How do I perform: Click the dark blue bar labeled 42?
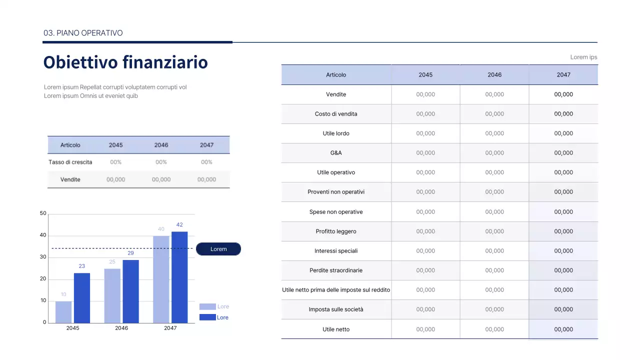(x=179, y=277)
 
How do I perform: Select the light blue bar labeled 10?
(x=63, y=312)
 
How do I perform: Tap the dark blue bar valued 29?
(x=130, y=291)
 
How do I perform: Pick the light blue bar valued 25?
(x=112, y=295)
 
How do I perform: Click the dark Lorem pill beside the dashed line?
(x=218, y=249)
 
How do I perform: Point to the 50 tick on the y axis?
(x=43, y=213)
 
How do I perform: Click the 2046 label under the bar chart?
(x=121, y=328)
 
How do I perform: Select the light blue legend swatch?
(x=207, y=306)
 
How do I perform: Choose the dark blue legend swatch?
(x=207, y=317)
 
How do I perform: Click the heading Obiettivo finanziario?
(x=125, y=62)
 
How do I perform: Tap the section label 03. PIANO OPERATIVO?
(x=83, y=33)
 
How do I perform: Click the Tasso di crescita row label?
(x=70, y=162)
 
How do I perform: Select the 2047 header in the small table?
(x=206, y=145)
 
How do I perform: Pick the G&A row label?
(x=336, y=153)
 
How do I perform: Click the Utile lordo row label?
(x=336, y=133)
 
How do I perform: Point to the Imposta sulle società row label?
(x=336, y=309)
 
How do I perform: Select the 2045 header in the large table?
(x=425, y=74)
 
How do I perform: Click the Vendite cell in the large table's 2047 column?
(x=563, y=94)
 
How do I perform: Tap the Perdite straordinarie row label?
(x=336, y=270)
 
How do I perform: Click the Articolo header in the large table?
(x=336, y=74)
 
